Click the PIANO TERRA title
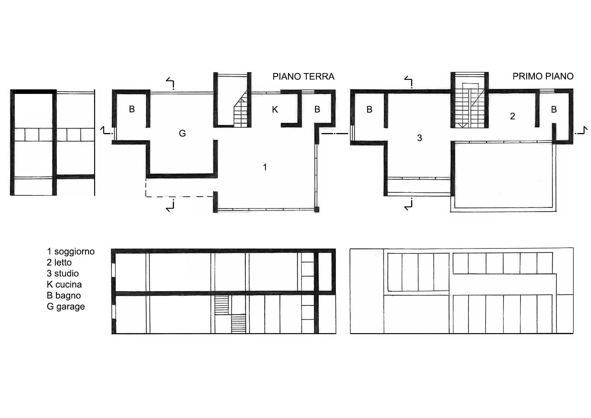click(x=303, y=77)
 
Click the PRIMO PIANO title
click(x=543, y=76)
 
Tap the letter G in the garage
click(x=182, y=133)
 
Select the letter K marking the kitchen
click(x=275, y=109)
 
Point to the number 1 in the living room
click(x=265, y=167)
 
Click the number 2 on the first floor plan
click(x=512, y=116)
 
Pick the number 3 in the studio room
click(x=420, y=138)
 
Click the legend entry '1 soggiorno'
click(x=71, y=252)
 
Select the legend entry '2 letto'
click(x=59, y=262)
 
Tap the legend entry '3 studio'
click(x=63, y=273)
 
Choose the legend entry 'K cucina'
click(x=64, y=284)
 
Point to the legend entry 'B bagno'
click(x=64, y=296)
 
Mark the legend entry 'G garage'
click(x=66, y=307)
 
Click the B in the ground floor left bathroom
click(x=132, y=109)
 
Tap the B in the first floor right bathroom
click(x=554, y=109)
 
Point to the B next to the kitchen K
click(x=317, y=109)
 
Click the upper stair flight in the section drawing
click(x=222, y=305)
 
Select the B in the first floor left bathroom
click(x=369, y=109)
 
